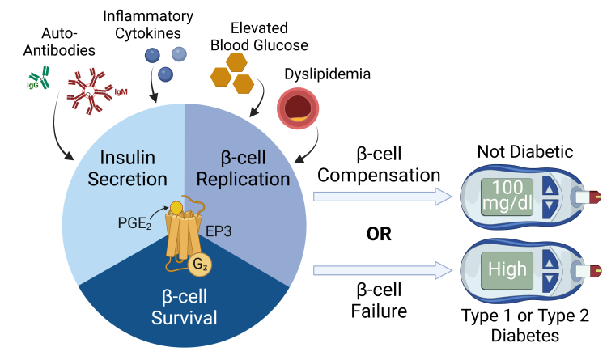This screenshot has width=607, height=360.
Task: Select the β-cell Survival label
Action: pyautogui.click(x=185, y=307)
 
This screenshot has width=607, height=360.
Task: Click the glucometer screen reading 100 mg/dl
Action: pyautogui.click(x=507, y=195)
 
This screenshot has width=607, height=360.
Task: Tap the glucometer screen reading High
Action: pyautogui.click(x=507, y=269)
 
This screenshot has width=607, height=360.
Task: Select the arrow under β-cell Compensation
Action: pyautogui.click(x=380, y=196)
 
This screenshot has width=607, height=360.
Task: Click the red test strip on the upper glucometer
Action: pyautogui.click(x=596, y=194)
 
